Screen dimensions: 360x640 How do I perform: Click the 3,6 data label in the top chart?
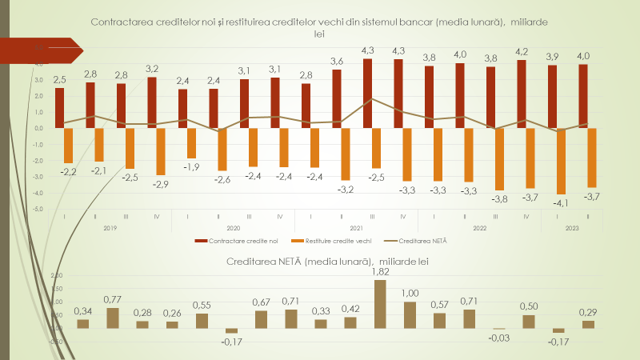(x=337, y=62)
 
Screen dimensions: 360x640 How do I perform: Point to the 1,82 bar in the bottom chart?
(x=380, y=303)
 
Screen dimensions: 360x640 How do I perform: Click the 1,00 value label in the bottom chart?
(x=410, y=294)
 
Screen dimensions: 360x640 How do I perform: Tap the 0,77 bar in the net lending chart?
(x=113, y=318)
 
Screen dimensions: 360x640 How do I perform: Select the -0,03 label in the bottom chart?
(x=498, y=338)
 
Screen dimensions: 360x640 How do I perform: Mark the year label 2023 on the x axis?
(x=573, y=228)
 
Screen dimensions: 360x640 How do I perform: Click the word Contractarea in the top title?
(x=123, y=22)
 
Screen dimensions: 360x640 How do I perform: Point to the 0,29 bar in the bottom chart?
(x=588, y=323)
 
